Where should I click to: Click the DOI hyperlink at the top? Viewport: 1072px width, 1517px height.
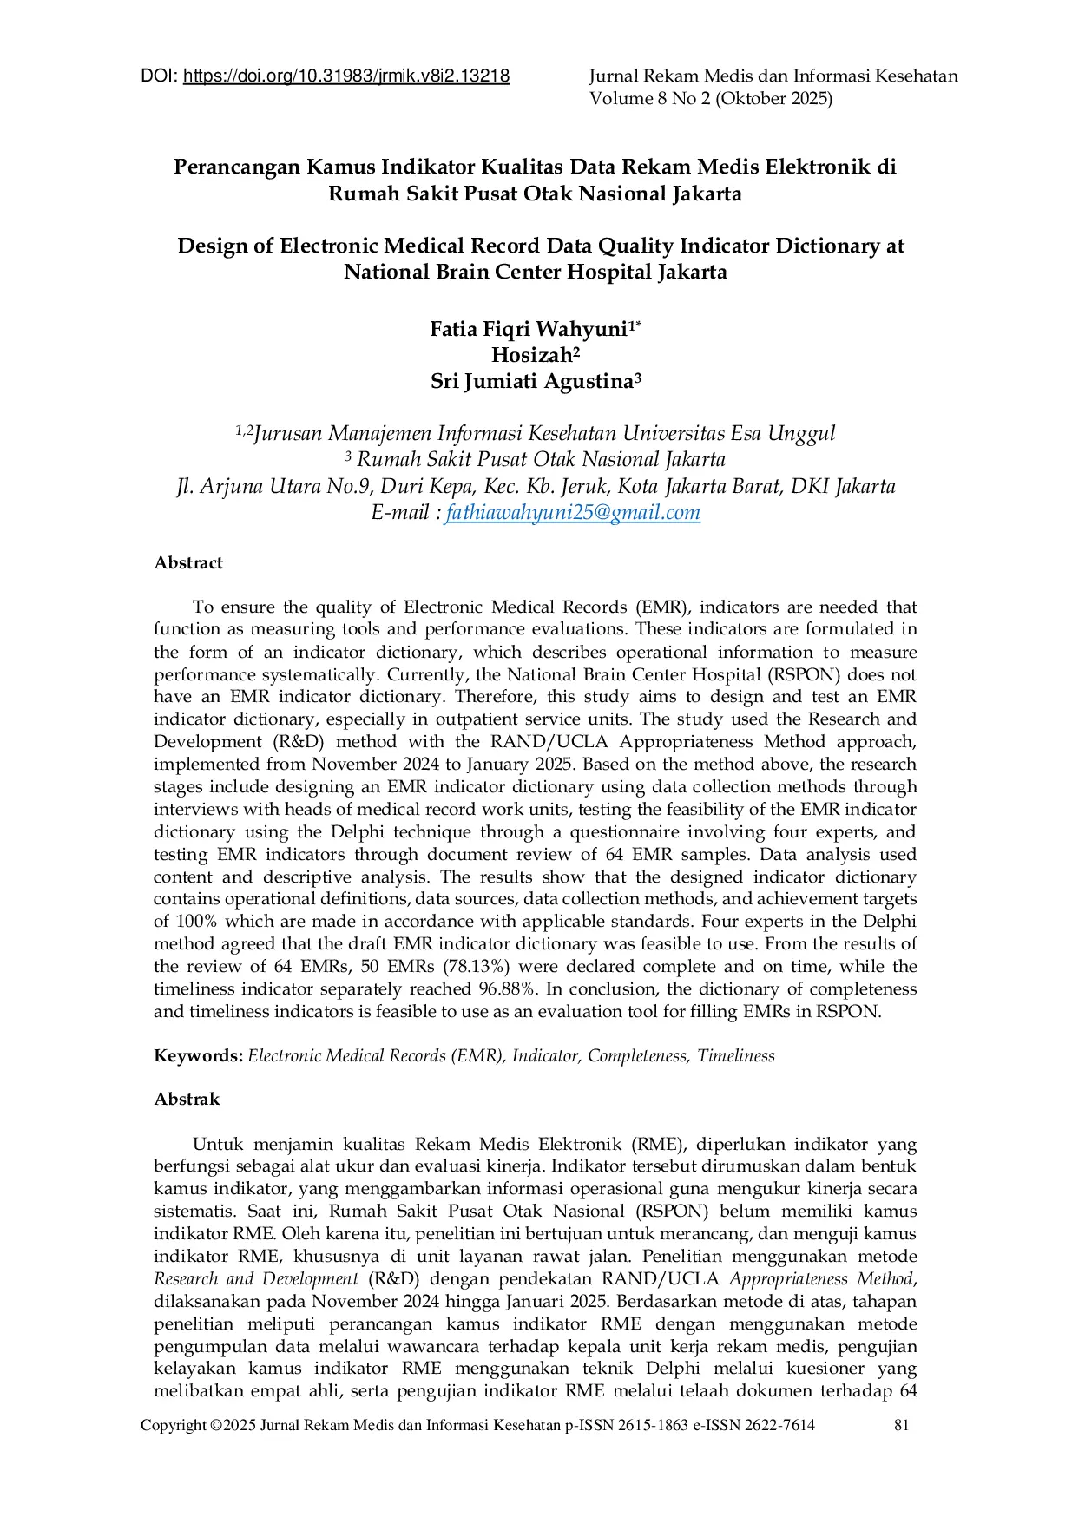346,76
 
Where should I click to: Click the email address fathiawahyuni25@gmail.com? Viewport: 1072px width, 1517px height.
573,513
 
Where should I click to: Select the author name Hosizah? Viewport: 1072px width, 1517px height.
531,355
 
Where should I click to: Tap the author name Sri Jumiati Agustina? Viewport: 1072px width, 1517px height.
531,382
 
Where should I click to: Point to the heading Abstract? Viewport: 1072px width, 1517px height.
188,563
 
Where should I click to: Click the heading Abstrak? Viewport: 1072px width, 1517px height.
187,1100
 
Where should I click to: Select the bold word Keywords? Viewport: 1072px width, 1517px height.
198,1056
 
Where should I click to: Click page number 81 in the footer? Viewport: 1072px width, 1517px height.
901,1425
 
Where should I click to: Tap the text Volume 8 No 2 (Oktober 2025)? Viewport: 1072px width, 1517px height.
711,99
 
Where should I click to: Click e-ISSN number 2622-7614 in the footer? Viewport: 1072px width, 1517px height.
779,1425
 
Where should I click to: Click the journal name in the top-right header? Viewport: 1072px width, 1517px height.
773,76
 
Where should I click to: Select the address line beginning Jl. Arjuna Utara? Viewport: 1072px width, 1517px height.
536,486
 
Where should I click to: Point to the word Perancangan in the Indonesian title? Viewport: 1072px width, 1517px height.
236,167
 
